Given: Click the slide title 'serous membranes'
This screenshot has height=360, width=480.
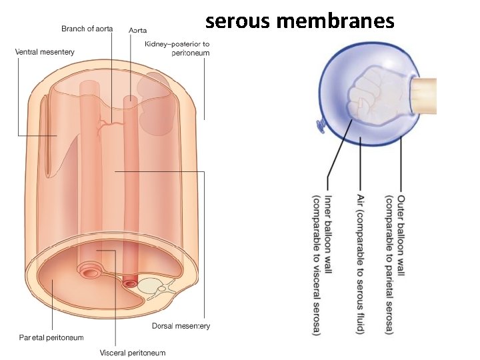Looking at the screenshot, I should click(x=300, y=21).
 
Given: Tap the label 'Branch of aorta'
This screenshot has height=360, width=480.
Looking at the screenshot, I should click(x=87, y=29).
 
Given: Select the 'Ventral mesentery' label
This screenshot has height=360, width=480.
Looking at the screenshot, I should click(x=45, y=51).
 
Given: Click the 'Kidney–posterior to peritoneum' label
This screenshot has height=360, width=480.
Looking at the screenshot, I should click(x=177, y=48).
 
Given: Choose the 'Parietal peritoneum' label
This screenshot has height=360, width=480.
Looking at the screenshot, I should click(x=51, y=337).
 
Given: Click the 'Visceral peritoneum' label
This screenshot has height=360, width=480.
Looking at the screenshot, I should click(x=133, y=353).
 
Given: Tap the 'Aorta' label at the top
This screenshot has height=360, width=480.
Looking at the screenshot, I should click(x=138, y=30).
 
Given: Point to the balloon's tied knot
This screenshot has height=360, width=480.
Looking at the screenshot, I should click(x=319, y=124).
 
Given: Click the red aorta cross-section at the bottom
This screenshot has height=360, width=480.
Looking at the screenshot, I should click(x=129, y=283).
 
